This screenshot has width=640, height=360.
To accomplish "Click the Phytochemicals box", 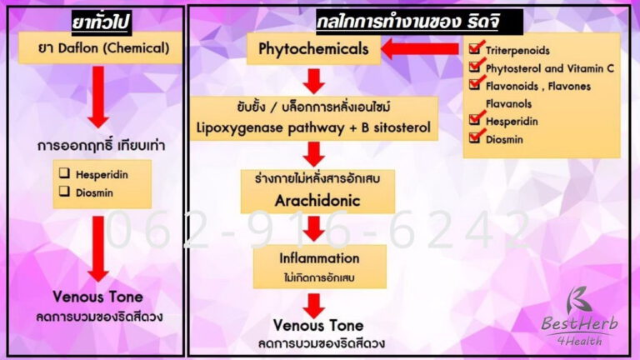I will tap(313, 49).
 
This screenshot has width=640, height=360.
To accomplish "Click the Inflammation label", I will tap(320, 258).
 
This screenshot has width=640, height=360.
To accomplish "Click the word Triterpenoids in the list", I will tap(517, 51).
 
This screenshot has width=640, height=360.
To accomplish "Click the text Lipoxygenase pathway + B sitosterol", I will tap(313, 127).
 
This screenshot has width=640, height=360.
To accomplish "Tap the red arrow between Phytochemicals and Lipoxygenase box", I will tap(313, 81).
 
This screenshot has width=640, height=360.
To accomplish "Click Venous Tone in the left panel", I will tap(98, 297).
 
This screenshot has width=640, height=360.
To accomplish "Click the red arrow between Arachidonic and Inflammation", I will tap(313, 227).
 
